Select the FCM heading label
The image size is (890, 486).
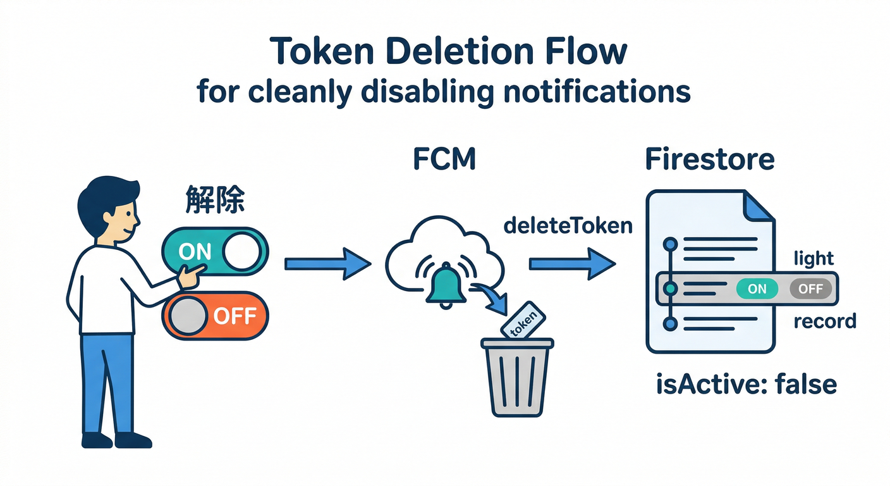[444, 159]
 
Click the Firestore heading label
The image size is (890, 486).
[709, 159]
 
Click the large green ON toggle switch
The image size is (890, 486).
[215, 252]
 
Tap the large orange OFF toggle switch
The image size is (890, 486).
[215, 315]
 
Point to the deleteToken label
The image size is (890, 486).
[568, 226]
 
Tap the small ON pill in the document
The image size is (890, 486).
[757, 289]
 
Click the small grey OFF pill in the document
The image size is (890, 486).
[810, 289]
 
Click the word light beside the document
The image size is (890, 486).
[814, 258]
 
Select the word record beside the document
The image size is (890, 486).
[824, 321]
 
